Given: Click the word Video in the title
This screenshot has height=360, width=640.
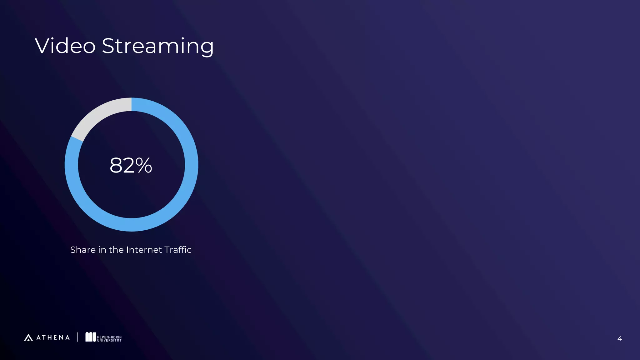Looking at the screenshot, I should tap(65, 46).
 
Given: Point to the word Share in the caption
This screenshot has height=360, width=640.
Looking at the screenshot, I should tap(83, 250).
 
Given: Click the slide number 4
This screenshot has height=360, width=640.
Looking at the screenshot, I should tap(619, 339).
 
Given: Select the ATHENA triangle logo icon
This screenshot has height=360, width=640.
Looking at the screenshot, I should tap(28, 337).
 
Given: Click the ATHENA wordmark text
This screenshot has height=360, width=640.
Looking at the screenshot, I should tap(53, 337).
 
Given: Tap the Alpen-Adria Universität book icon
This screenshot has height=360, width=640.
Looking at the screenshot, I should tap(91, 337).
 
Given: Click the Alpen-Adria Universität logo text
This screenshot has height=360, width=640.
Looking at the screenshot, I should tap(109, 339).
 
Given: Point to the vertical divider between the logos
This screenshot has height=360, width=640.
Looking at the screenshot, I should tap(77, 337).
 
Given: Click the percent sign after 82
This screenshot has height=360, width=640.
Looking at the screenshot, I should tap(144, 165).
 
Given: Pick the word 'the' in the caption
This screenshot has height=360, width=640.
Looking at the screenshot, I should tap(116, 250).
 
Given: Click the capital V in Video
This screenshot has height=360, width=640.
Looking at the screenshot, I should tap(43, 46).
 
